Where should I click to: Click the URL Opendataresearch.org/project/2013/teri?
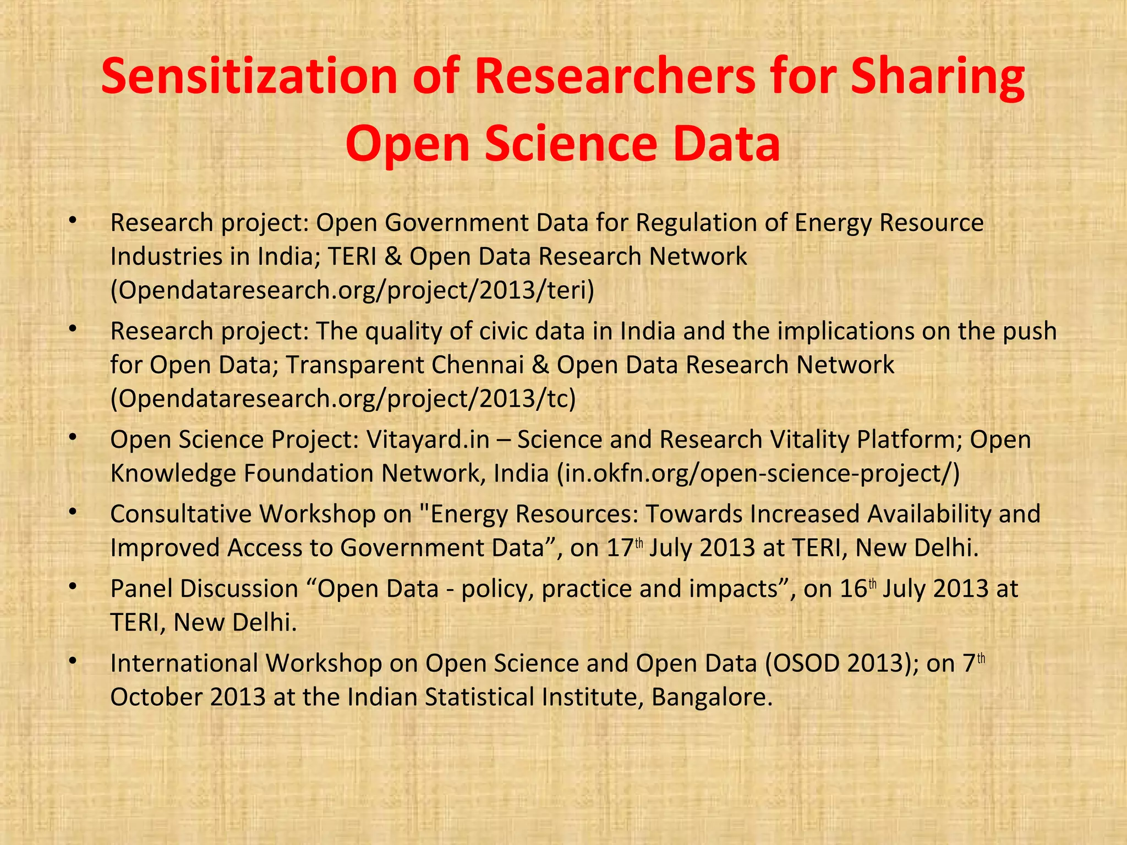click(x=352, y=290)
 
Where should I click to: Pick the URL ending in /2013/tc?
click(x=343, y=398)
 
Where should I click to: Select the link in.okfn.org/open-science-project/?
click(x=758, y=473)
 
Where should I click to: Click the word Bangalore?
click(x=712, y=697)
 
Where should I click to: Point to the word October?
click(x=156, y=697)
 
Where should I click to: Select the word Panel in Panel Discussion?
click(x=141, y=589)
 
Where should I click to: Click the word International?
click(x=184, y=663)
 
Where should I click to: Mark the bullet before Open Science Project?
click(x=72, y=437)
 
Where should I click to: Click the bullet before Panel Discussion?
click(x=72, y=586)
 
